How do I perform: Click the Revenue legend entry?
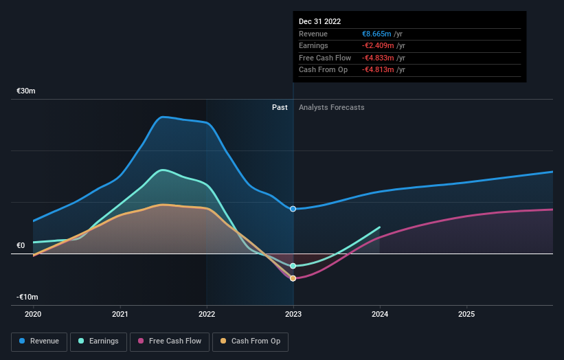pos(40,341)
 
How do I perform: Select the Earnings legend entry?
pos(99,341)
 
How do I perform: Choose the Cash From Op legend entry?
pos(251,341)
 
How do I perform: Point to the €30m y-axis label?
pos(26,91)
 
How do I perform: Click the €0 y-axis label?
pos(21,245)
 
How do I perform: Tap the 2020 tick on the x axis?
pos(33,314)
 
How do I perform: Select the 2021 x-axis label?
pos(120,314)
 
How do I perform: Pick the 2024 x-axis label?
pos(380,314)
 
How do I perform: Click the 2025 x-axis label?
pos(466,314)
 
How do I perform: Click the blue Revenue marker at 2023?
pos(293,209)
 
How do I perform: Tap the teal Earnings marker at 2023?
pos(293,266)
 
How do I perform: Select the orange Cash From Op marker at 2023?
pos(293,278)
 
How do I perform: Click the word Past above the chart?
pos(280,107)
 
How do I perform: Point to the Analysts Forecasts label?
pos(331,107)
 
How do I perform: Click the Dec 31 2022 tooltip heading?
pos(319,21)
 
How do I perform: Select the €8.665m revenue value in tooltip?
pos(376,34)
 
